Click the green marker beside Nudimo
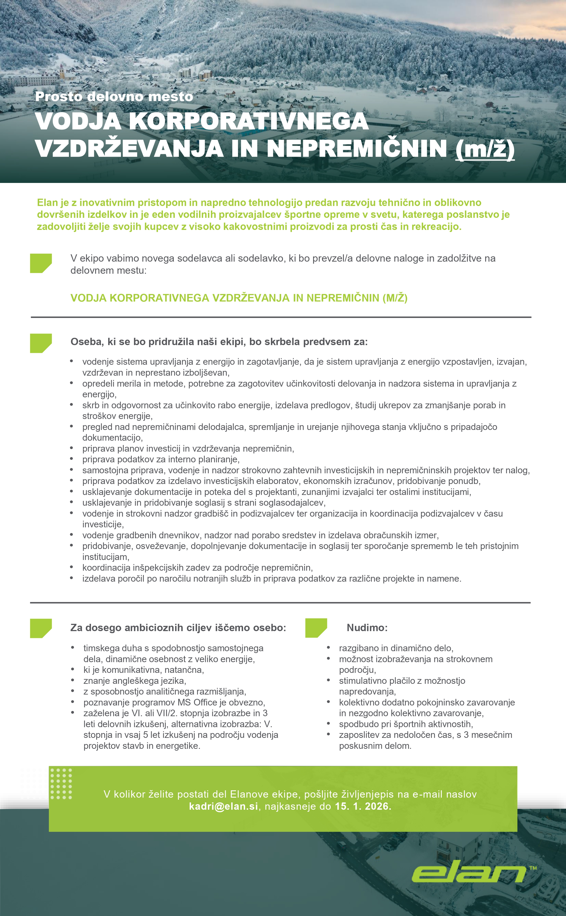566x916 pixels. pyautogui.click(x=316, y=628)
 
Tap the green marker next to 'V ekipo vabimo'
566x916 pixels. pyautogui.click(x=40, y=263)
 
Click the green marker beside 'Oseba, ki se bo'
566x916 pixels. pyautogui.click(x=40, y=343)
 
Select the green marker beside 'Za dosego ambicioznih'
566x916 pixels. pyautogui.click(x=40, y=628)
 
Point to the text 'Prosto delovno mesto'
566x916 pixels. pyautogui.click(x=114, y=96)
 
